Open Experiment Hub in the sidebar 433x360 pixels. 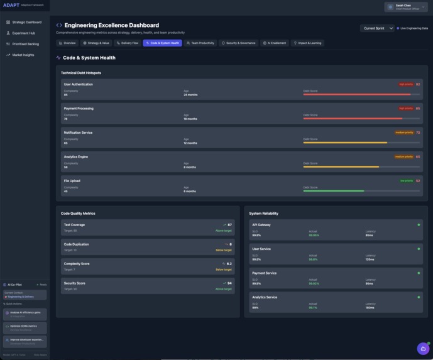[x=23, y=33]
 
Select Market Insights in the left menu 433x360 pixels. [x=23, y=55]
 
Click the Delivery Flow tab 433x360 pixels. [x=128, y=43]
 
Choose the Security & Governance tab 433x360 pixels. [x=238, y=43]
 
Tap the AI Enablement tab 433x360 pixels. [x=275, y=43]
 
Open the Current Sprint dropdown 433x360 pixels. [x=377, y=28]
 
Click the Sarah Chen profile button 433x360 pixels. [x=405, y=7]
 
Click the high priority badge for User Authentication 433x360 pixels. [x=406, y=84]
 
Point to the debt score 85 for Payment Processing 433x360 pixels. [x=418, y=108]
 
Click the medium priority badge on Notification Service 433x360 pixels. [x=404, y=133]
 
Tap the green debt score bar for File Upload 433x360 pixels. [x=334, y=190]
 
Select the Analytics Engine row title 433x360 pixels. [x=75, y=156]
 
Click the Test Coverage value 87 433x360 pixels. [x=229, y=224]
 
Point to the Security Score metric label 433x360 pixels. [x=74, y=283]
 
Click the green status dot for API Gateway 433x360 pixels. [x=419, y=224]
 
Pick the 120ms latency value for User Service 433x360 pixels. [x=370, y=259]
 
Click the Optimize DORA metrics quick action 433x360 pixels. [x=24, y=327]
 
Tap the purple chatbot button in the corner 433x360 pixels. [x=423, y=349]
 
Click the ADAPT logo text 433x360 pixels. [x=11, y=5]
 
